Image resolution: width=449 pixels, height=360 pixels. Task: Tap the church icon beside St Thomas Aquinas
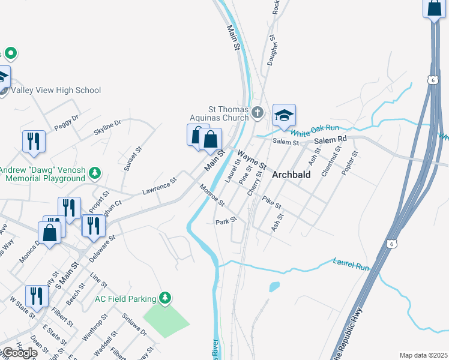[x=257, y=112]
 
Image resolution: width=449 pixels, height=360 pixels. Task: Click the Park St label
[x=226, y=221]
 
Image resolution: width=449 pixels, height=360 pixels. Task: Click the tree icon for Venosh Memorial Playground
[x=94, y=174]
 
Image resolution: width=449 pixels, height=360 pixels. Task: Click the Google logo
[x=19, y=353]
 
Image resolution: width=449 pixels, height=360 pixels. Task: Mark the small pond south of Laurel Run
[x=274, y=287]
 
